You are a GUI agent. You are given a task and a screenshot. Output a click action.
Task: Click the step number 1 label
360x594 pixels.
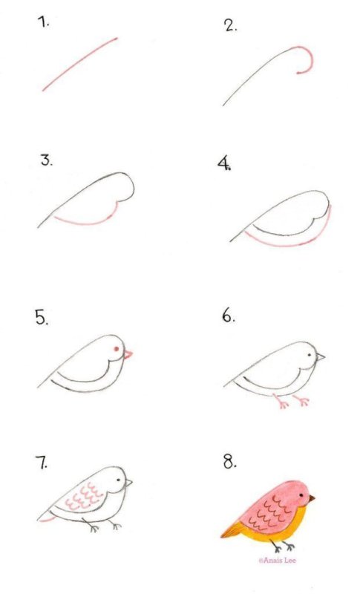tap(45, 23)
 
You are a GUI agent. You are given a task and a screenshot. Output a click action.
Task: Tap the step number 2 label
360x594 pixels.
tap(230, 27)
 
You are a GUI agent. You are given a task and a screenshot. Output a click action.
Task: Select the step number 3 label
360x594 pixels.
tap(47, 160)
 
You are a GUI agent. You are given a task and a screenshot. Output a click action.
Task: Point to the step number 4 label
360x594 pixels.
tap(225, 165)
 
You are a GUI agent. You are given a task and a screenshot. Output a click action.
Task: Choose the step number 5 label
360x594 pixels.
tap(41, 318)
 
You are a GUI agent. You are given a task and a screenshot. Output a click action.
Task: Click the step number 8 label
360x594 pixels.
tap(229, 462)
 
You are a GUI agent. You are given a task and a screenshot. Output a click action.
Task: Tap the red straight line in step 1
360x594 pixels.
tap(79, 64)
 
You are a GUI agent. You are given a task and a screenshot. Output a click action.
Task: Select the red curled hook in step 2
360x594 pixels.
tap(305, 59)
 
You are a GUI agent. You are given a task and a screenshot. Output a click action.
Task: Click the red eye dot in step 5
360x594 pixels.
tap(115, 349)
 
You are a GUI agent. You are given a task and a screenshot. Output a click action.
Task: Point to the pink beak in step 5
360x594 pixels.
tap(128, 355)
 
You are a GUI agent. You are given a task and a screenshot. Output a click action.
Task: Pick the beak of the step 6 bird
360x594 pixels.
tap(320, 357)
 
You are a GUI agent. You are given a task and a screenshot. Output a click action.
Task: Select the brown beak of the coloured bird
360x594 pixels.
tap(312, 497)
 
